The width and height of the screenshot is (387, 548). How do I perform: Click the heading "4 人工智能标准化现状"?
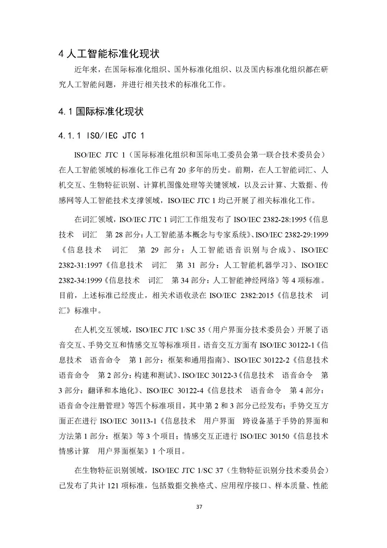point(109,54)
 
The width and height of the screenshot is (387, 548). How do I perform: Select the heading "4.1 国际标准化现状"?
point(101,112)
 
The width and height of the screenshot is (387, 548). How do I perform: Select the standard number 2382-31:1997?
point(81,265)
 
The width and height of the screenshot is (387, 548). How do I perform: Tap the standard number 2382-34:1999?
point(81,280)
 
